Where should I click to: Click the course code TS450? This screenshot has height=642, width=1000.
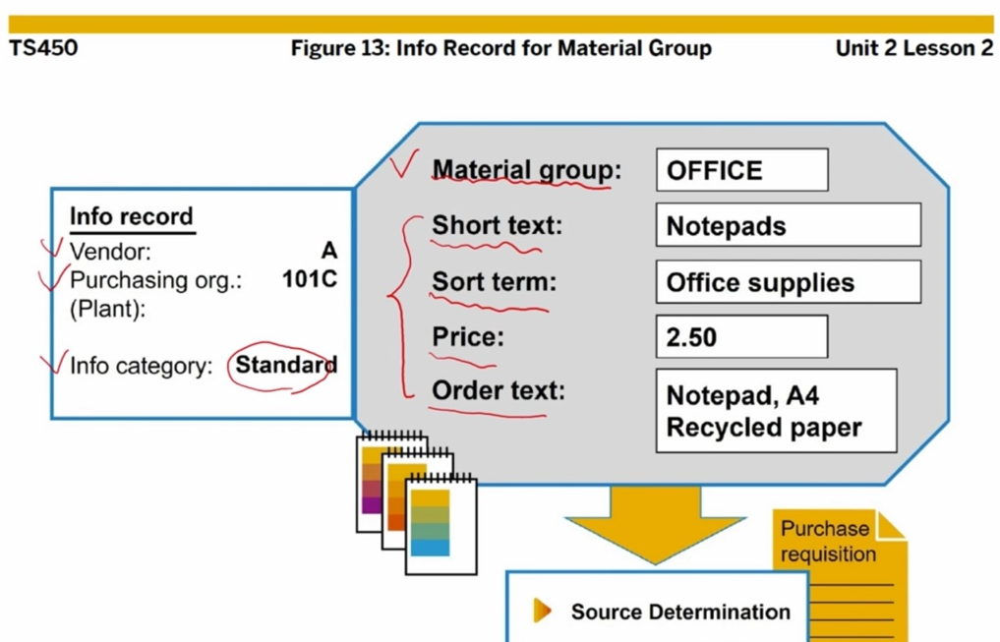point(43,47)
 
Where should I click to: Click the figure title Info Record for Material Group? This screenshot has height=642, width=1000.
point(500,47)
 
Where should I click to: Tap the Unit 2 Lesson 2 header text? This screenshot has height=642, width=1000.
point(913,47)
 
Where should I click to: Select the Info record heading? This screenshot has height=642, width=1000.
point(131,217)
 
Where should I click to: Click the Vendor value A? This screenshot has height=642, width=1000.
point(328,251)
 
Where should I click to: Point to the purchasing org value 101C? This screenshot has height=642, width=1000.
point(309,279)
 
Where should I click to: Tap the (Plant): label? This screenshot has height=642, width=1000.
point(107,308)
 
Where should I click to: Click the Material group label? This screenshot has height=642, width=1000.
point(526,170)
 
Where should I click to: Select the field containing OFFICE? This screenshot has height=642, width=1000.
point(741,170)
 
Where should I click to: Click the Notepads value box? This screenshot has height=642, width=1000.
point(788,225)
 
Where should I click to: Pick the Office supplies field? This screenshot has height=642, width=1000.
point(788,282)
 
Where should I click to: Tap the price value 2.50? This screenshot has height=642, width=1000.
point(741,337)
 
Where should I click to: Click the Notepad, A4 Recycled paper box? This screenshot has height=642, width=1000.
point(776,411)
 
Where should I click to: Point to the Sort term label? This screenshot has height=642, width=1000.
point(494,282)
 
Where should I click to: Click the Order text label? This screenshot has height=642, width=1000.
point(499,390)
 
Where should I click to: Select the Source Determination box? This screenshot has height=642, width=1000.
point(656,611)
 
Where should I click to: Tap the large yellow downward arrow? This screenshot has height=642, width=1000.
point(654,521)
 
